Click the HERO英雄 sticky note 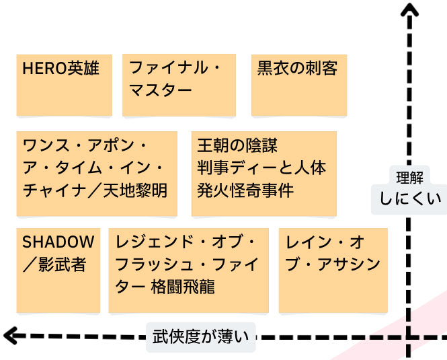point(64,85)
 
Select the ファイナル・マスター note point(179,85)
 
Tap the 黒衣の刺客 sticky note point(299,85)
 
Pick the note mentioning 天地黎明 point(97,174)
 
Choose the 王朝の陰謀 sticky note point(264,174)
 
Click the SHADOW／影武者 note point(58,271)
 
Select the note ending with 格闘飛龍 point(189,271)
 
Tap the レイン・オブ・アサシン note point(333,271)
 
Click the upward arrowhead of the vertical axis point(409,9)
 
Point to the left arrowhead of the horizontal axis point(9,336)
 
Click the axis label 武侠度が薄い point(201,337)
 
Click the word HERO point(45,69)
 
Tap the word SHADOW point(58,242)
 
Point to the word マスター point(161,90)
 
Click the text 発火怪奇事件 point(245,190)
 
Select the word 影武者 point(63,264)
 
